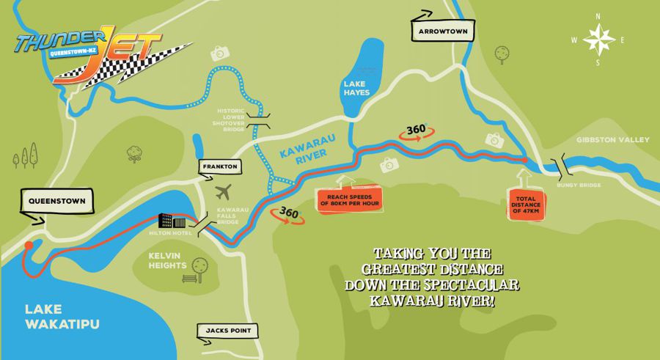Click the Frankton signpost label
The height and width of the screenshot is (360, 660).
218,167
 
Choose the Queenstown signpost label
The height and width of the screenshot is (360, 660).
54,200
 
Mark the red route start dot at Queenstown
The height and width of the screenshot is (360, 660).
29,246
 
